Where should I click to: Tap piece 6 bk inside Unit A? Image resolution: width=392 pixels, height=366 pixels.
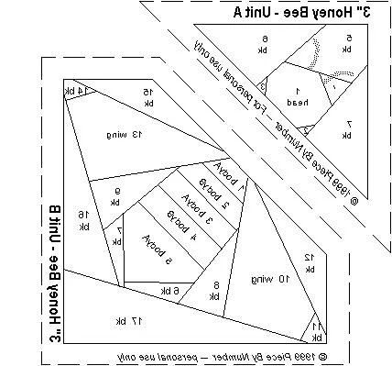click(x=266, y=42)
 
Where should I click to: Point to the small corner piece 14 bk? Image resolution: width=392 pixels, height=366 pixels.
click(x=73, y=92)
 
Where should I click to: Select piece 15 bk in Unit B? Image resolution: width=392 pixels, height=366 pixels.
click(x=147, y=94)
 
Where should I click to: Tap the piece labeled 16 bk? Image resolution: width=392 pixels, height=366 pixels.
click(x=83, y=218)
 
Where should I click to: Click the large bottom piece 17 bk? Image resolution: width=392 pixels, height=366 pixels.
click(x=137, y=319)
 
